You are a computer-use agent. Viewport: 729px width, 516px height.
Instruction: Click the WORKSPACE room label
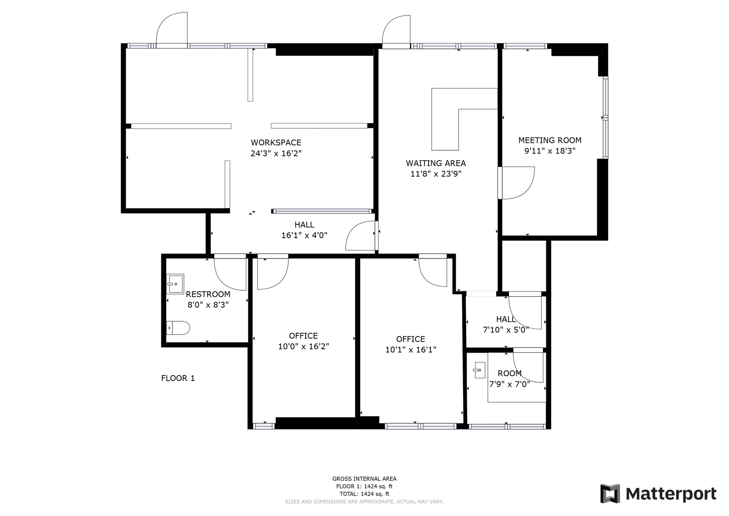276,143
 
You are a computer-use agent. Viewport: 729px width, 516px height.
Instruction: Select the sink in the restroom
175,284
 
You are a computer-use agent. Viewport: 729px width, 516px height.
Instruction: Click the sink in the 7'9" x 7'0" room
479,370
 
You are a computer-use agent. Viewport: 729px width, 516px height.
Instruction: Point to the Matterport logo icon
610,494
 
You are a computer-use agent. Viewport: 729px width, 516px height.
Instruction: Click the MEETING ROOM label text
550,140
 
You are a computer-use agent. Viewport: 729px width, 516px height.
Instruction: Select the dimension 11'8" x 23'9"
436,174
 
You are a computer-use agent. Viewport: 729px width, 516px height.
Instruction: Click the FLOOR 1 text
178,378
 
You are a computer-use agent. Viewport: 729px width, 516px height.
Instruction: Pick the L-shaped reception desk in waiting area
445,118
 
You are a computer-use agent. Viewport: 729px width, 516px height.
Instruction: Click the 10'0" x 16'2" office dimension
303,346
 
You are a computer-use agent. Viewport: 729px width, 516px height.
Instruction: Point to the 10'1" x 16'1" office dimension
410,350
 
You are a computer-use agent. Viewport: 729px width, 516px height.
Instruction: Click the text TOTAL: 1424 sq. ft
364,494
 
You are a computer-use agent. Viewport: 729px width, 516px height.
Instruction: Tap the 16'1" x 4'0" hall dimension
304,235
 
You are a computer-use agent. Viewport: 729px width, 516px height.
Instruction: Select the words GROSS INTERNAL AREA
364,479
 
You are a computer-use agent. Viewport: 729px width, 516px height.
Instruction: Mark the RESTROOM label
208,294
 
